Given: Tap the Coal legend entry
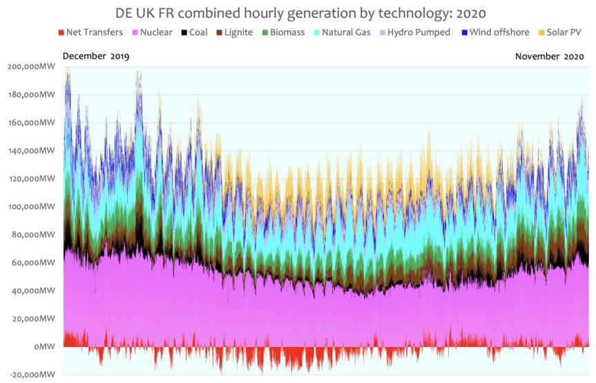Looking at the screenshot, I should pyautogui.click(x=198, y=32).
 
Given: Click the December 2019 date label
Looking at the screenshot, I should pyautogui.click(x=95, y=57).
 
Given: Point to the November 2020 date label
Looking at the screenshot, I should pyautogui.click(x=550, y=57).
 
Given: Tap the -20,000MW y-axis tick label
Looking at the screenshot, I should pyautogui.click(x=32, y=375).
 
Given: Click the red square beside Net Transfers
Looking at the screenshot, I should pyautogui.click(x=60, y=32).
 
